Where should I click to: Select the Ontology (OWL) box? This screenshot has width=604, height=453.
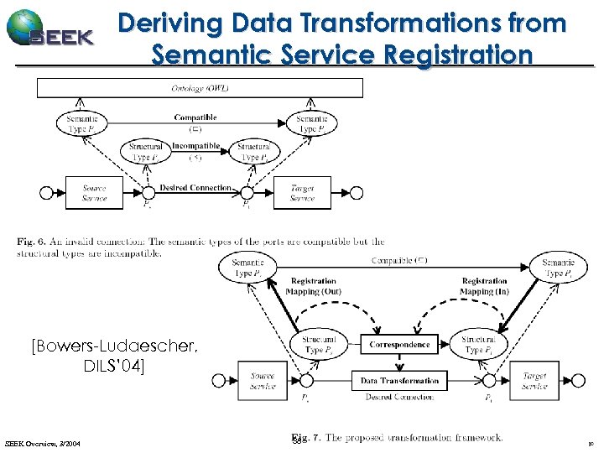click(x=200, y=88)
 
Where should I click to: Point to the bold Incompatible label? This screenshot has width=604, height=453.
click(x=195, y=146)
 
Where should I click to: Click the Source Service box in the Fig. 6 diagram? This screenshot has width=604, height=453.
click(x=94, y=193)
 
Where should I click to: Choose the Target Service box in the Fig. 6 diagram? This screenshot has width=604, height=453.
click(x=302, y=193)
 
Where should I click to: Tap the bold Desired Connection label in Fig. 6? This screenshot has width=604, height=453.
click(x=195, y=188)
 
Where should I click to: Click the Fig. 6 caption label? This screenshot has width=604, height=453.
click(x=31, y=242)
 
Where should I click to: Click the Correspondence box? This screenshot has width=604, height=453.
click(x=400, y=344)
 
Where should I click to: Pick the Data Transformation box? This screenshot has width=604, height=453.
click(x=400, y=380)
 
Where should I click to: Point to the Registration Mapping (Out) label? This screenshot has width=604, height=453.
click(x=313, y=286)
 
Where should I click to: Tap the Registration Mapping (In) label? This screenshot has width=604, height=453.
click(x=484, y=286)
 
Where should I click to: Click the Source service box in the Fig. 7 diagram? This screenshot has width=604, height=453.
click(x=263, y=381)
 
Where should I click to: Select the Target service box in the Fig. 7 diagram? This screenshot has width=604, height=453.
click(x=534, y=381)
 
